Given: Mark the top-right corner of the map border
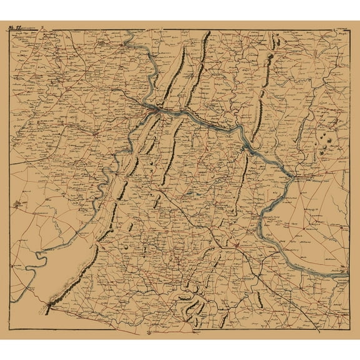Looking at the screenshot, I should coord(349,31).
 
